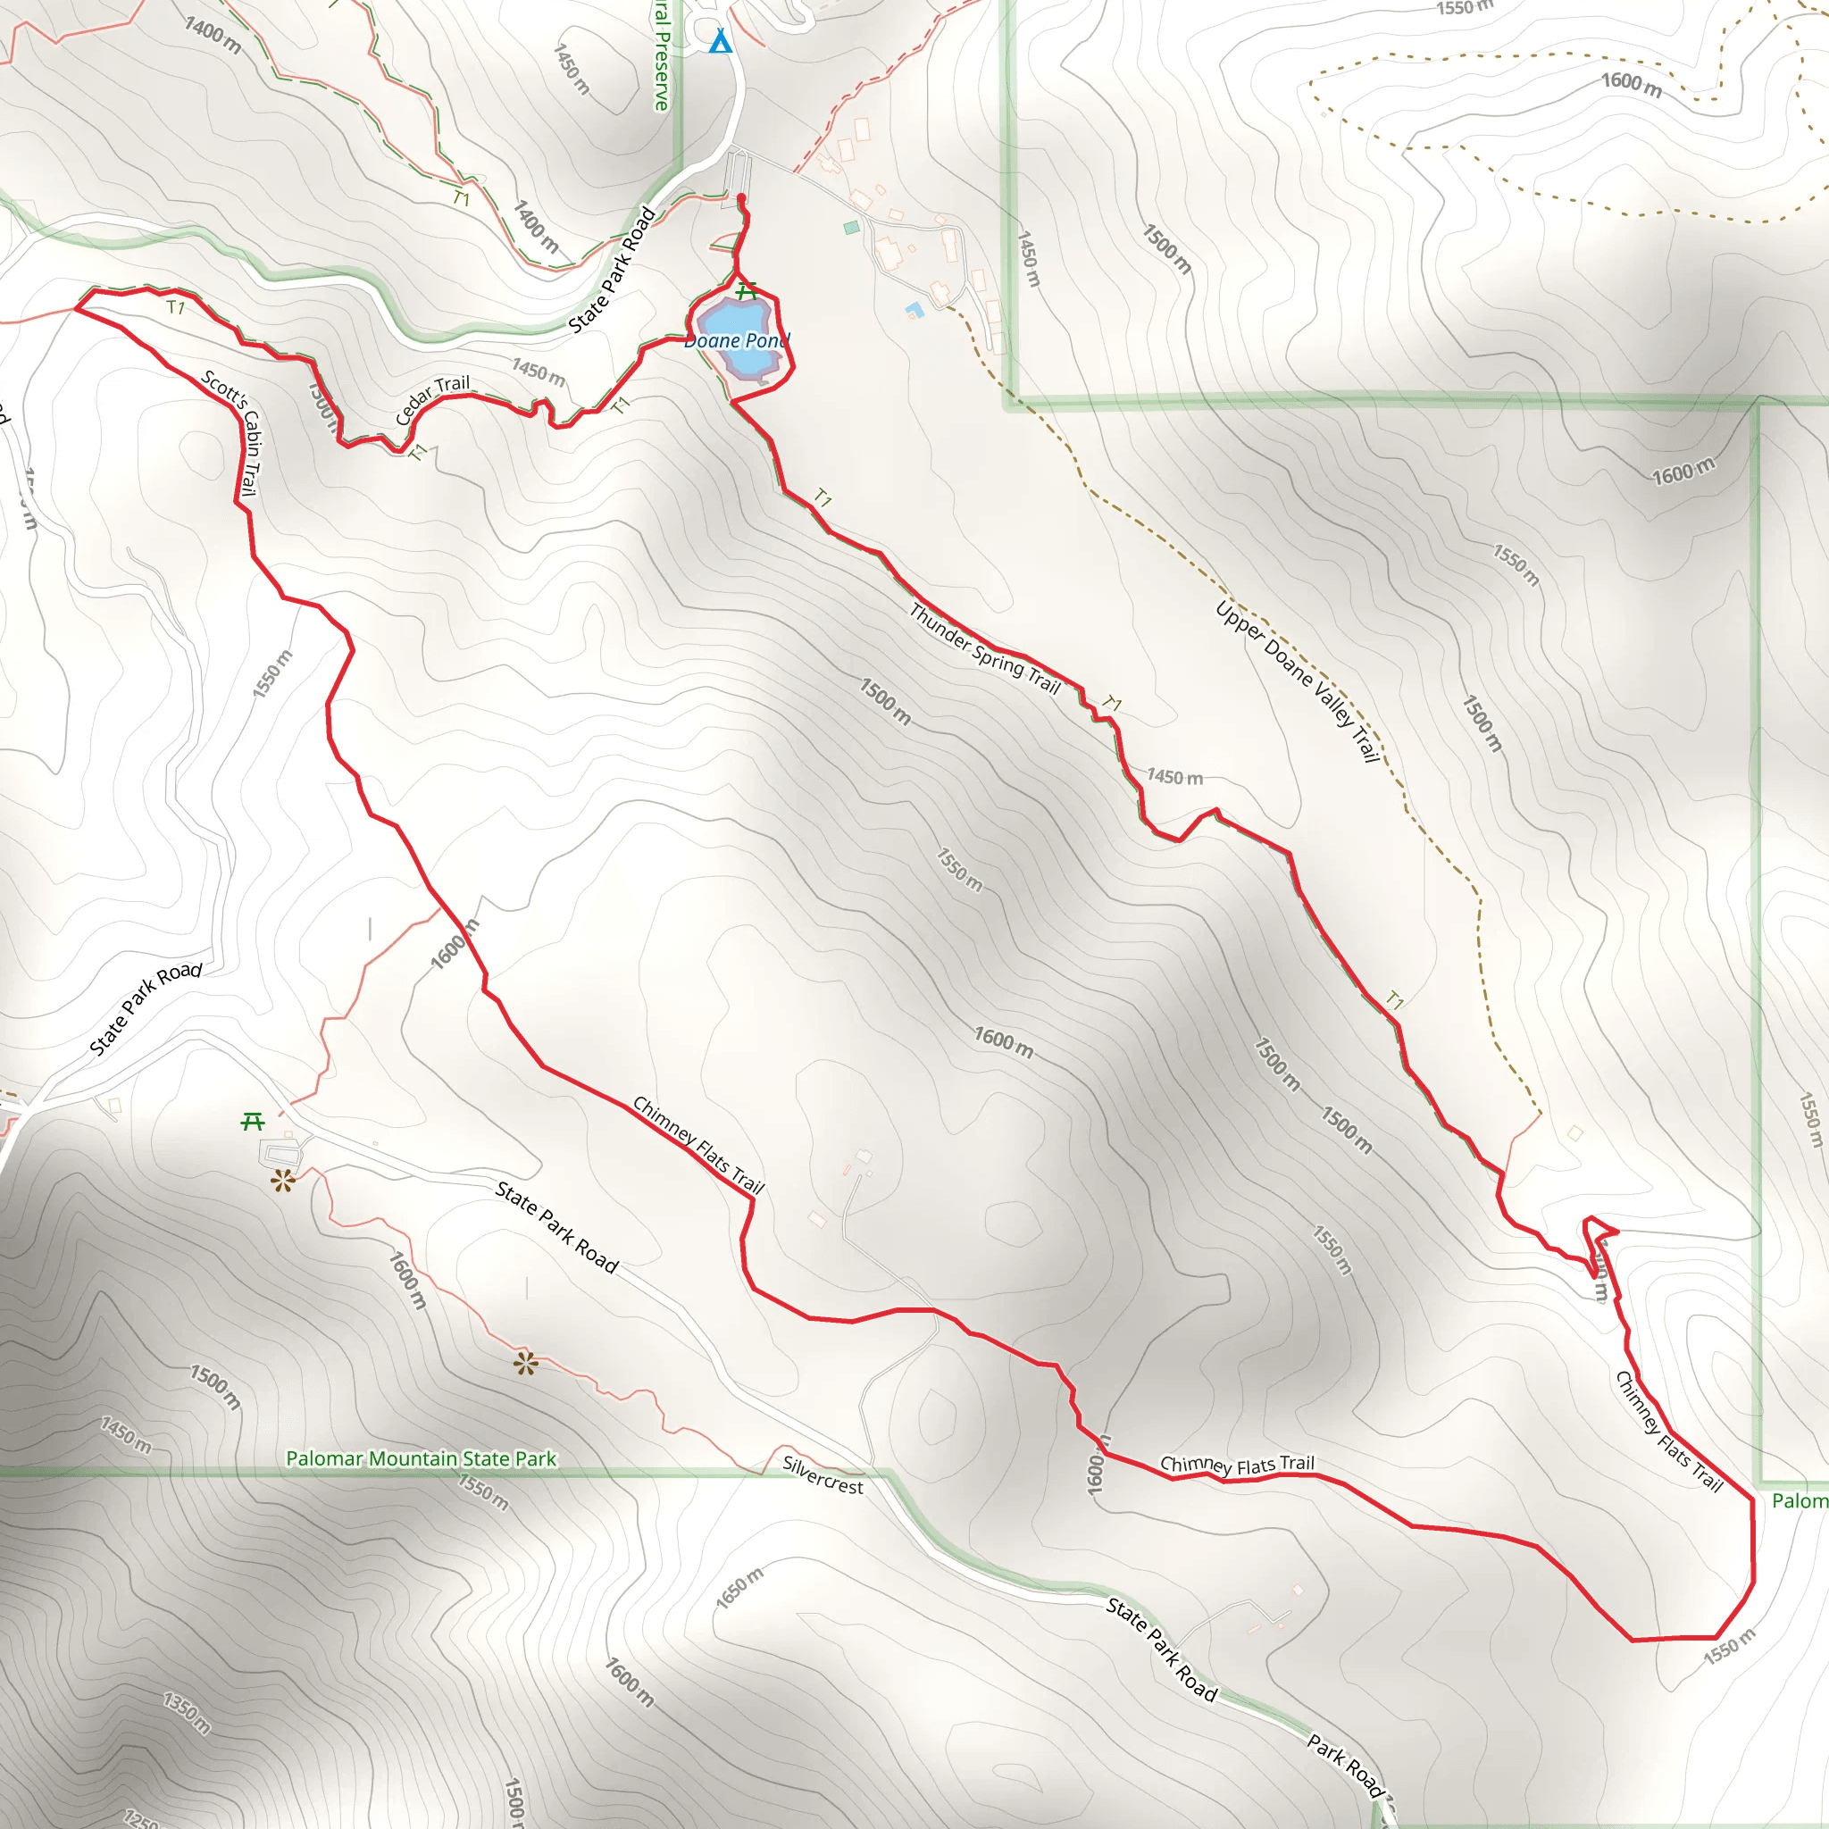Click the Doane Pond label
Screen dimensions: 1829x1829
click(737, 341)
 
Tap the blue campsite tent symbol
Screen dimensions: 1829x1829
click(721, 42)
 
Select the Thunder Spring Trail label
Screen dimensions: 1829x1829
click(984, 648)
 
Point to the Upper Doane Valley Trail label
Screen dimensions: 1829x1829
click(1297, 681)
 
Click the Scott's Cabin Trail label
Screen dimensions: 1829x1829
click(232, 431)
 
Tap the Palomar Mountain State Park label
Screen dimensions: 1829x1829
click(422, 1459)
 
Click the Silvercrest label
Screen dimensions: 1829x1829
click(823, 1475)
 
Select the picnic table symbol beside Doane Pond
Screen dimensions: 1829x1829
click(747, 290)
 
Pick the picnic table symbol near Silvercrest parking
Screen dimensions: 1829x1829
click(252, 1122)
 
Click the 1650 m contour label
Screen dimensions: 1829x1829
click(739, 1588)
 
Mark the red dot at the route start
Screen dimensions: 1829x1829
click(741, 198)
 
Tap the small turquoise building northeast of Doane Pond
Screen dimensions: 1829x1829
click(851, 227)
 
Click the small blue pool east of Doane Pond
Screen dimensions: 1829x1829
click(914, 309)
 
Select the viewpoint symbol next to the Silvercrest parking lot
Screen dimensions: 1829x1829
click(282, 1181)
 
